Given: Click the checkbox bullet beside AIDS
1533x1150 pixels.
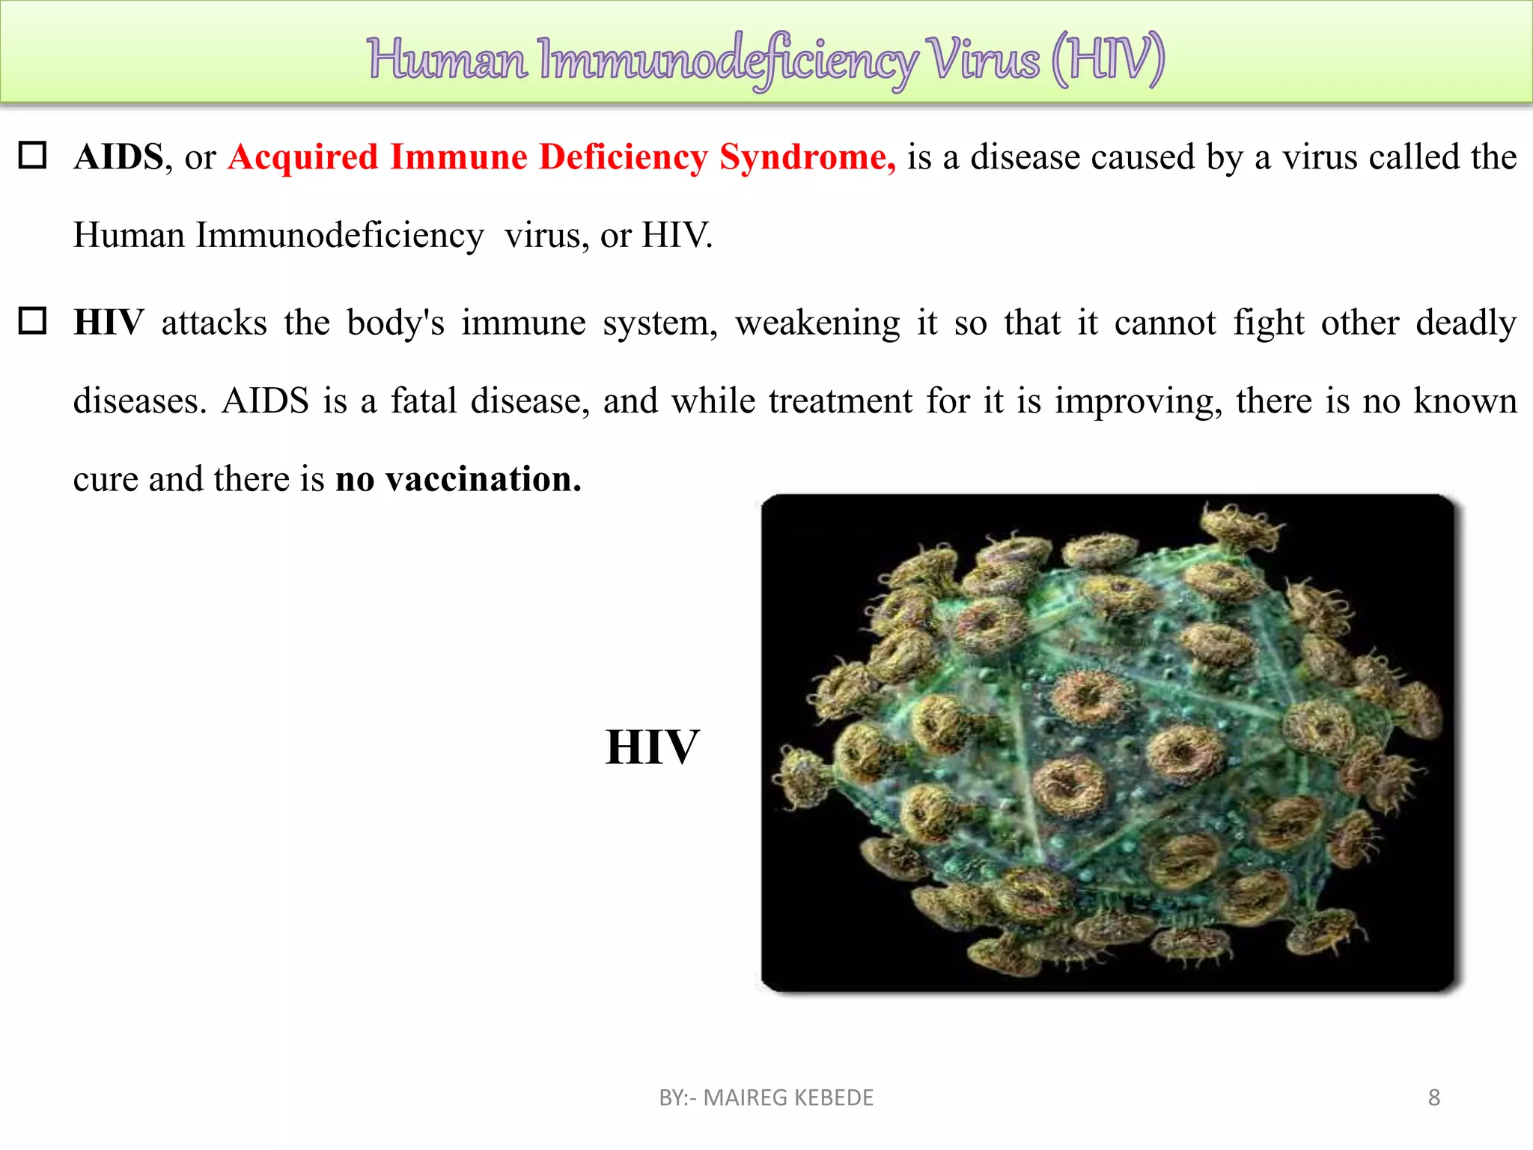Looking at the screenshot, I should tap(33, 156).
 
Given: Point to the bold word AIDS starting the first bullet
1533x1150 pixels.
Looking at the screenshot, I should tap(118, 157).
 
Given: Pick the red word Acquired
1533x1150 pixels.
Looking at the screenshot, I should tap(303, 158).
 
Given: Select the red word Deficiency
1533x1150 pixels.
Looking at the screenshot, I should tap(624, 158).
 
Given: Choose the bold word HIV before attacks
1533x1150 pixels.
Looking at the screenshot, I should tap(109, 323).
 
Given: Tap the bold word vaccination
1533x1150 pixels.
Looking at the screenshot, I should tap(484, 479).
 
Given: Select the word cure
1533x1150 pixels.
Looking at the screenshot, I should tap(105, 480).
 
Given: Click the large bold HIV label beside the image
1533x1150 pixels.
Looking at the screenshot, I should tap(652, 747).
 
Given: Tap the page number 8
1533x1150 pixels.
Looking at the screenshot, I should tap(1434, 1098).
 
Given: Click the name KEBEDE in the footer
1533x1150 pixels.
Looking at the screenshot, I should tap(833, 1098).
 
